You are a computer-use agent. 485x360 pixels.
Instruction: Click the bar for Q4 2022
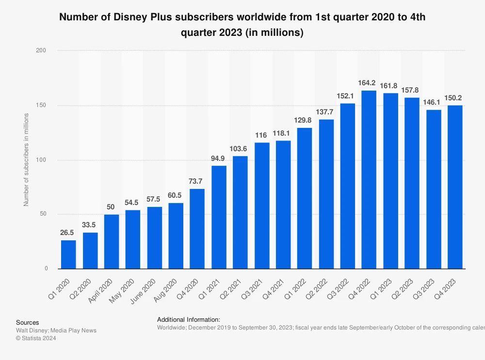pos(369,179)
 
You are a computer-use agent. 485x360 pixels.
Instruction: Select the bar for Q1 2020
pos(68,254)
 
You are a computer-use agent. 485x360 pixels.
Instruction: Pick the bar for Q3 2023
pos(434,189)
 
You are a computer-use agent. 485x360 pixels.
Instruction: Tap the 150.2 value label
pos(455,98)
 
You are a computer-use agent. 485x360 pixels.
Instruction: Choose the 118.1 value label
pos(283,133)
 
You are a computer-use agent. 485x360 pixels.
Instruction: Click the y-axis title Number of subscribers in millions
pos(26,159)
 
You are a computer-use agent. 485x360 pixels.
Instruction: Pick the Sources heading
pos(28,323)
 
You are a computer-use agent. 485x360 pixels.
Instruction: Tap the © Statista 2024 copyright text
pos(36,338)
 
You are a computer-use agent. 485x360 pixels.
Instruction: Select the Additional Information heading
pos(189,320)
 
